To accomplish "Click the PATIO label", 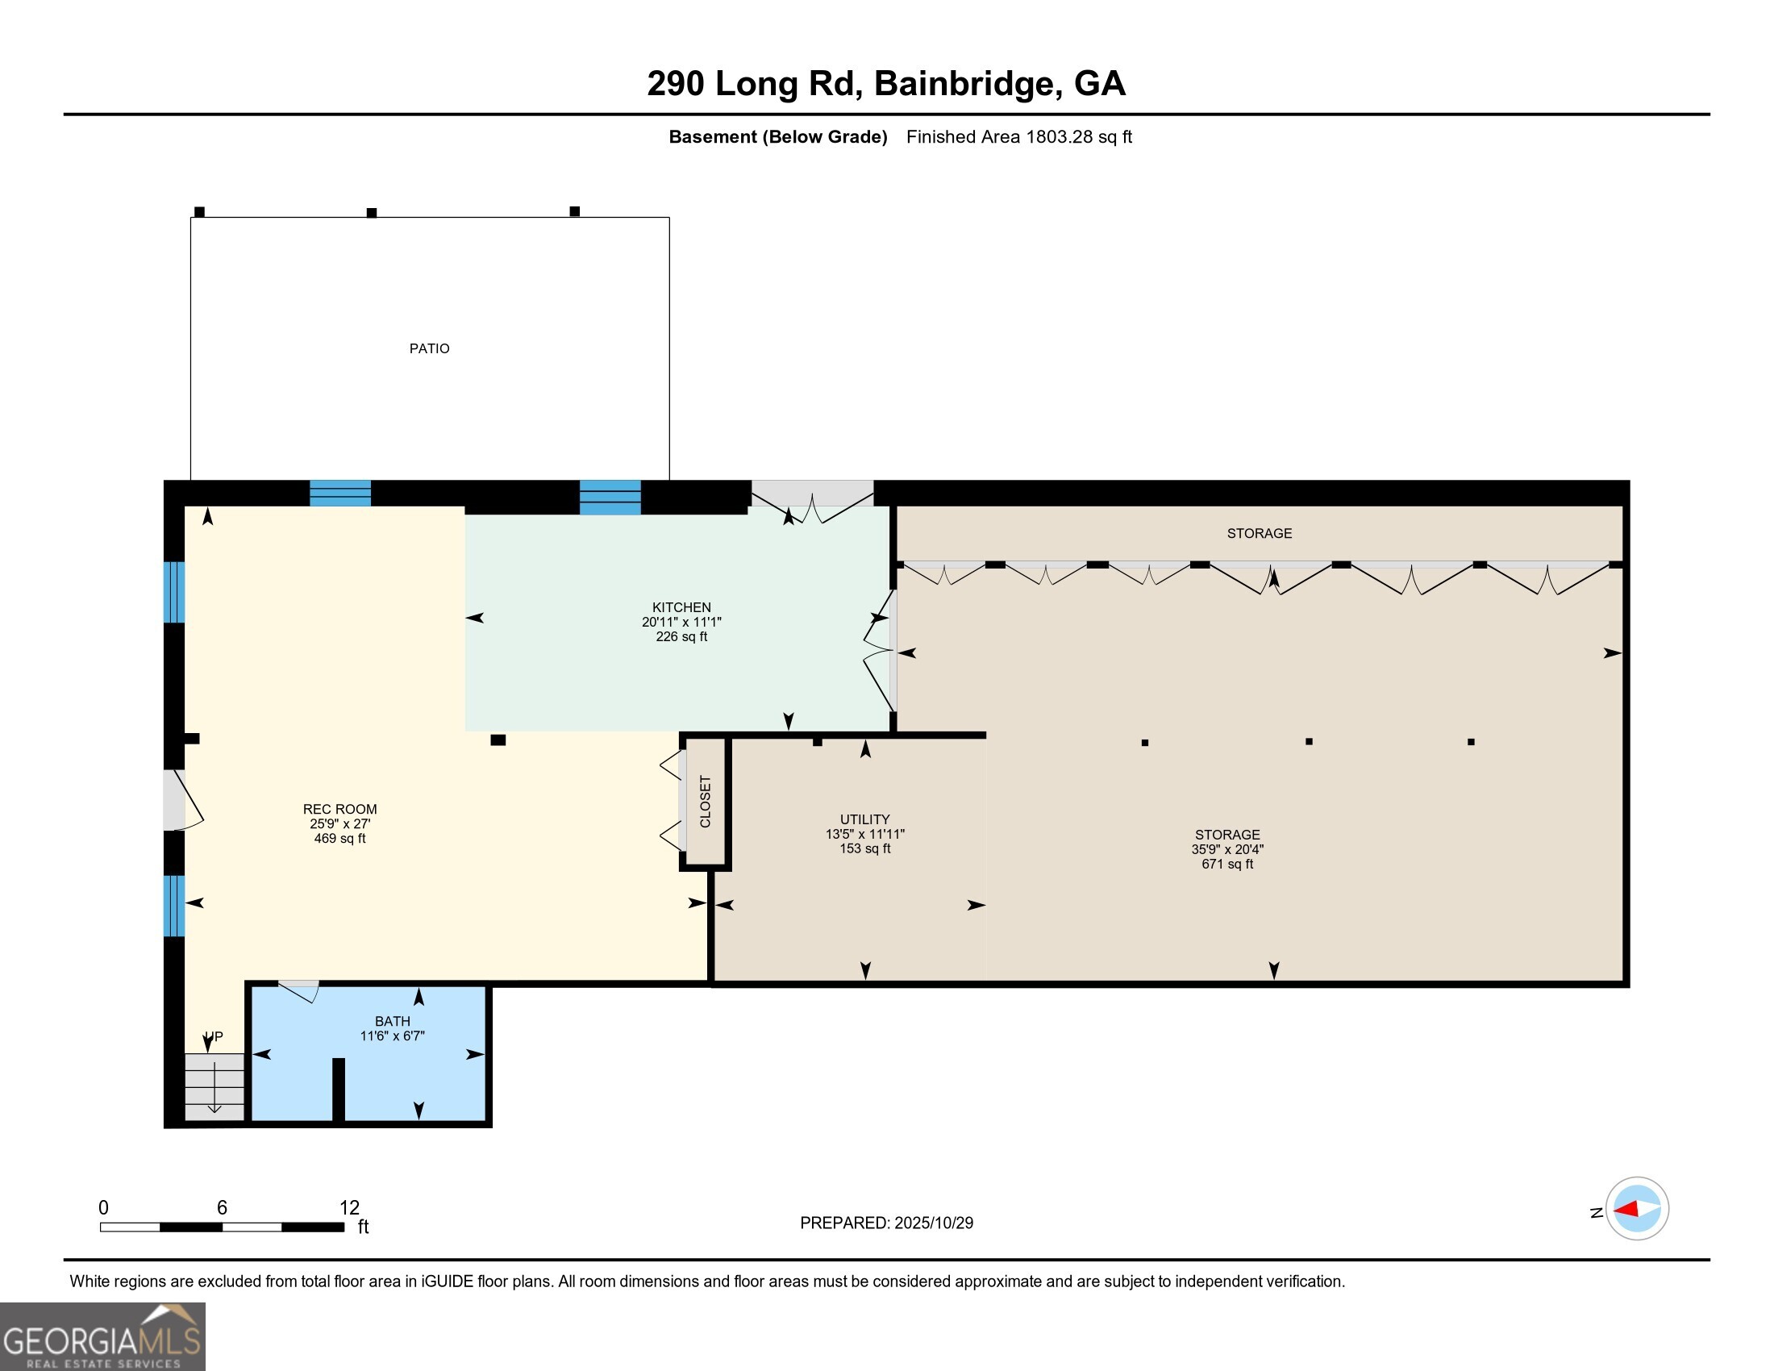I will point(429,348).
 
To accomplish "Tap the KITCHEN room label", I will point(681,607).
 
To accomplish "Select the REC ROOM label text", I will point(339,809).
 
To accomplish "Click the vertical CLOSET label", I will point(705,802).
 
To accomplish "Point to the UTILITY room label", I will point(864,819).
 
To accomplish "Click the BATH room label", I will point(393,1021).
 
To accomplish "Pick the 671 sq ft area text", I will point(1226,865).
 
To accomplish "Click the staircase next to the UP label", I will point(214,1087).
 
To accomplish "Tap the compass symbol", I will point(1637,1209).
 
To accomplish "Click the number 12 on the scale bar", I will point(349,1207).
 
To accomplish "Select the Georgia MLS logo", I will point(102,1336).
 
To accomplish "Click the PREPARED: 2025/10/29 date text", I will point(886,1223).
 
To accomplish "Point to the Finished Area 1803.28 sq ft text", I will point(1018,137).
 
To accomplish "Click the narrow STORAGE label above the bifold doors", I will point(1259,534).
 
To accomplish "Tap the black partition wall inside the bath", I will point(339,1090).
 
